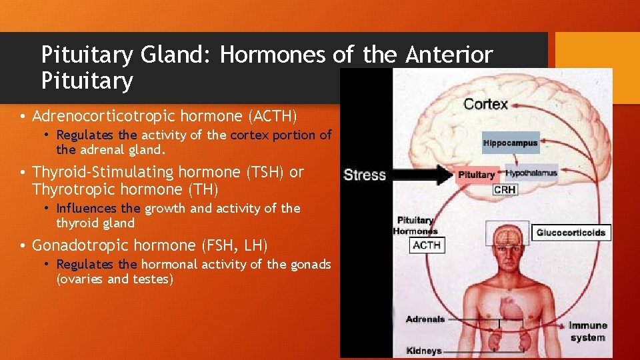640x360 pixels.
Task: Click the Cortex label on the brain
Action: coord(485,104)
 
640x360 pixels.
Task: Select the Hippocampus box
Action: coord(510,143)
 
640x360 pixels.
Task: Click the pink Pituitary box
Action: coord(477,175)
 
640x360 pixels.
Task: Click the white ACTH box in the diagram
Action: coord(426,245)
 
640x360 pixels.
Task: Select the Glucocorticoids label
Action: coord(571,233)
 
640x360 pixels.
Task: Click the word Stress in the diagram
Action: coord(365,175)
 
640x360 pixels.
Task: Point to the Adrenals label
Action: coord(425,319)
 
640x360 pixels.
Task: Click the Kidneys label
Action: coord(424,351)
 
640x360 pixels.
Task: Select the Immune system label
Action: coord(587,331)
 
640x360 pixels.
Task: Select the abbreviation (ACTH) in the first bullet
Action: coord(271,116)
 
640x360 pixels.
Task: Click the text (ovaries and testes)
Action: coord(115,279)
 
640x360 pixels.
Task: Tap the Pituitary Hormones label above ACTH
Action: coord(415,225)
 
